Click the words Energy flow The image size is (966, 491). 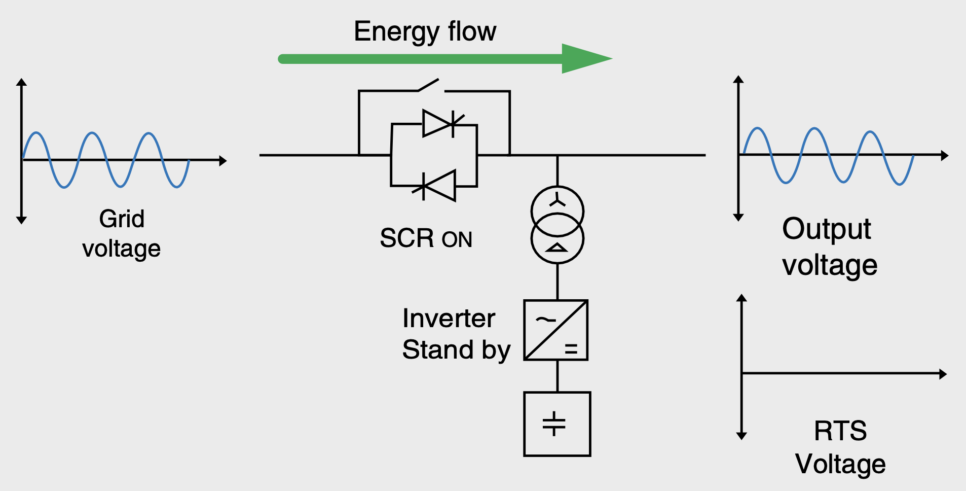(x=425, y=31)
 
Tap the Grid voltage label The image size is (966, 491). (x=122, y=234)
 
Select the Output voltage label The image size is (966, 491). (x=829, y=247)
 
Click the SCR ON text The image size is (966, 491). (x=426, y=238)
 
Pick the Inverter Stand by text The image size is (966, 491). (x=456, y=334)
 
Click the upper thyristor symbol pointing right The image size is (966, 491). (x=439, y=123)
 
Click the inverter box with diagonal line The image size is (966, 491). (x=556, y=330)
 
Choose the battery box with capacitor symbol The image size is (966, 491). (x=557, y=424)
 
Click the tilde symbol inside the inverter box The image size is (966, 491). (x=545, y=320)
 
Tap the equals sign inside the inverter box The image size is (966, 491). (x=571, y=349)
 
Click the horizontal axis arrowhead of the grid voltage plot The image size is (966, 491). (x=222, y=161)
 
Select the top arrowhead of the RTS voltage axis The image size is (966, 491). (x=742, y=298)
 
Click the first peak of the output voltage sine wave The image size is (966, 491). (x=757, y=129)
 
